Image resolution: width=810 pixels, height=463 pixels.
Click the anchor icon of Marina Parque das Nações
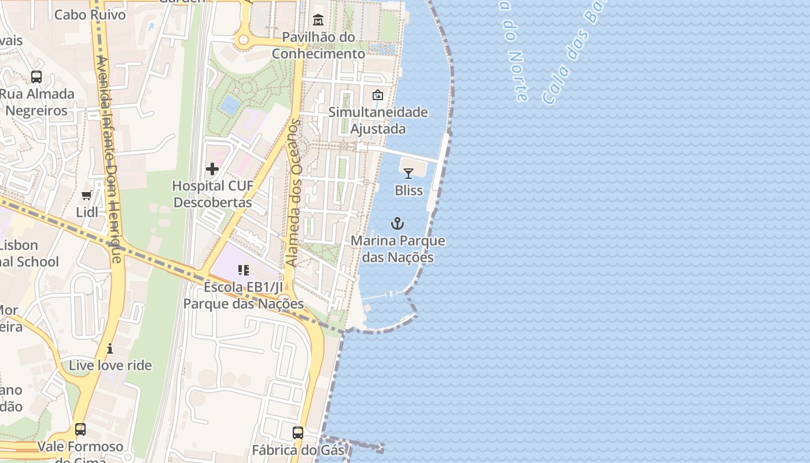pos(397,223)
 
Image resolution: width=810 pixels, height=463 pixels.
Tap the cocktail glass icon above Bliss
pos(408,173)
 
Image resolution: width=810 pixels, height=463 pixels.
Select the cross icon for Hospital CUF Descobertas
pos(212,169)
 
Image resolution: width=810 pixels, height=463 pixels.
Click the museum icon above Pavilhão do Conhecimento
pos(318,21)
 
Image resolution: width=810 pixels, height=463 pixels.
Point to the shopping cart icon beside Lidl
pos(87,196)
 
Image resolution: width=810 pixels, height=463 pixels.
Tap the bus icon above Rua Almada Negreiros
pos(36,77)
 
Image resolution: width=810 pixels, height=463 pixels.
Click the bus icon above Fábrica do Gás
pos(298,432)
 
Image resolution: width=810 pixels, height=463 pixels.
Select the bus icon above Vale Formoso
pos(80,429)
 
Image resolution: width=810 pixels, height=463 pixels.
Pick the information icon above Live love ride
pos(110,348)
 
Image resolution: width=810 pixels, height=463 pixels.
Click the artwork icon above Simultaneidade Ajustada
pos(378,95)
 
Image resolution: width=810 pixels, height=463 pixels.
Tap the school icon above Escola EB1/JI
pos(244,270)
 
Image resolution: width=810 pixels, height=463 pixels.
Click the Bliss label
pos(408,190)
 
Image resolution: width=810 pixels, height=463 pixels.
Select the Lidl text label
pos(87,212)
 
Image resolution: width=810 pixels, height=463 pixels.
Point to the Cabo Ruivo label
pos(90,14)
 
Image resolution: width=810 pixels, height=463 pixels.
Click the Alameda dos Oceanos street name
pos(294,193)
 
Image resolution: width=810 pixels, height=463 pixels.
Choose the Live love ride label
pos(111,365)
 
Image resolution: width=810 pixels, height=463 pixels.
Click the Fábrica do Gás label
pos(298,450)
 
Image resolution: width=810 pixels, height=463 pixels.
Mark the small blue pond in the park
pos(230,105)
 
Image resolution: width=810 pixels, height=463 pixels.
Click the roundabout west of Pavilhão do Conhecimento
pos(244,40)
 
